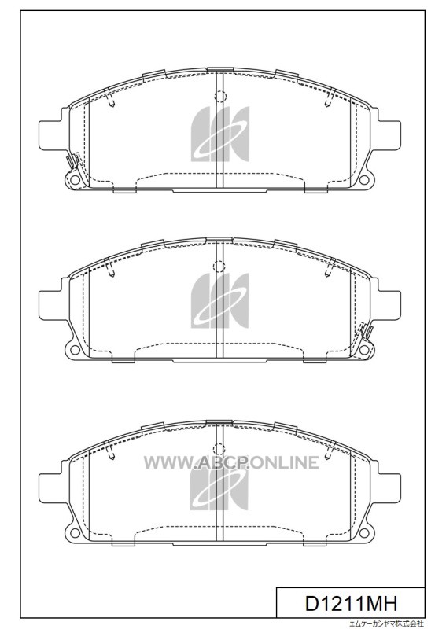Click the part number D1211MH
tap(352, 604)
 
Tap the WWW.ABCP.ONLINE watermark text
tap(231, 462)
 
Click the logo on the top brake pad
tap(220, 134)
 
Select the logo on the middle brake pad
tap(220, 301)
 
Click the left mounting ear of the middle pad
tap(50, 303)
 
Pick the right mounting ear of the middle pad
tap(389, 303)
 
